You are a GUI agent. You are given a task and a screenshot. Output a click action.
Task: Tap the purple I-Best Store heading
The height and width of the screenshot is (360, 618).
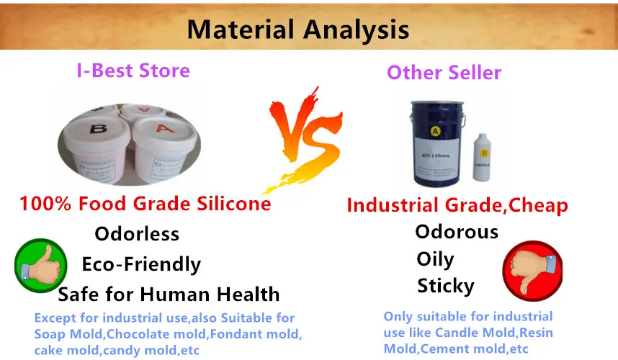133,71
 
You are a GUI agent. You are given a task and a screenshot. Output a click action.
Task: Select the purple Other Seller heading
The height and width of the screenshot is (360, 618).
444,73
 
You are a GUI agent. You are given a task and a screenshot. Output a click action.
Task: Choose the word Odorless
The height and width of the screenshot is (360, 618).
137,235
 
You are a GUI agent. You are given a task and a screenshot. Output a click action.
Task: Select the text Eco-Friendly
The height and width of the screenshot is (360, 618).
141,264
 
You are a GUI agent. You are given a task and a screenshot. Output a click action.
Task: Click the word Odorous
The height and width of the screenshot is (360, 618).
456,232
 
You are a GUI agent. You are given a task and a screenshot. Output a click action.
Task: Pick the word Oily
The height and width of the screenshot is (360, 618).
435,259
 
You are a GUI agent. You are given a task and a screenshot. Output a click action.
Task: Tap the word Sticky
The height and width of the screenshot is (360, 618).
445,287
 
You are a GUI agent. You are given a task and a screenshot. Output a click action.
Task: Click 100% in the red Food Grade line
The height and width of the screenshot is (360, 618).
46,204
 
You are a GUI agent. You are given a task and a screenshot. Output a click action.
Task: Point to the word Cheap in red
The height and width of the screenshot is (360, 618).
537,205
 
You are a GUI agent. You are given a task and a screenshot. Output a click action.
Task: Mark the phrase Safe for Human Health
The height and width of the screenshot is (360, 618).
169,294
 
